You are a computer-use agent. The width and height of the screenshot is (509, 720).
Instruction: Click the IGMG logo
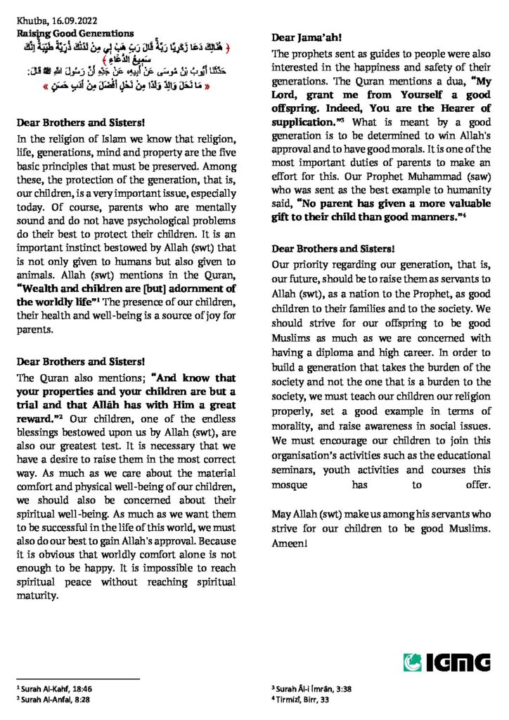pyautogui.click(x=446, y=662)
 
